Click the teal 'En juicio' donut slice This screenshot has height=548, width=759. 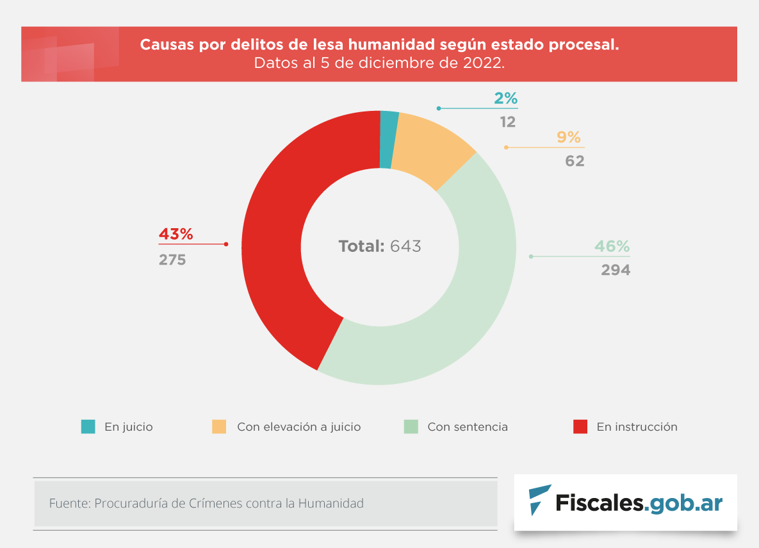click(388, 140)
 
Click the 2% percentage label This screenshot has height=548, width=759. click(505, 99)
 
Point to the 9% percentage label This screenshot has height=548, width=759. click(568, 137)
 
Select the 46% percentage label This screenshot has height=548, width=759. click(612, 247)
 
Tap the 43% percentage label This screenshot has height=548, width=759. click(175, 235)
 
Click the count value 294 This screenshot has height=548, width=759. click(616, 270)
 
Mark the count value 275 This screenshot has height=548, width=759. click(172, 260)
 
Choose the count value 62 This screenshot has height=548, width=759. click(575, 161)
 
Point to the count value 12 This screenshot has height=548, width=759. click(508, 122)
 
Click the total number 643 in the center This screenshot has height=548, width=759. click(405, 246)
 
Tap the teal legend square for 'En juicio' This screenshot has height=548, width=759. click(88, 427)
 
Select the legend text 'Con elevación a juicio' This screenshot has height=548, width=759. click(298, 427)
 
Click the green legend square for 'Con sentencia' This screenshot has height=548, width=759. click(411, 427)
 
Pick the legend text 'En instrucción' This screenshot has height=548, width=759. click(637, 427)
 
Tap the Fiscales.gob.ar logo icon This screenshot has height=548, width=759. click(539, 501)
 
